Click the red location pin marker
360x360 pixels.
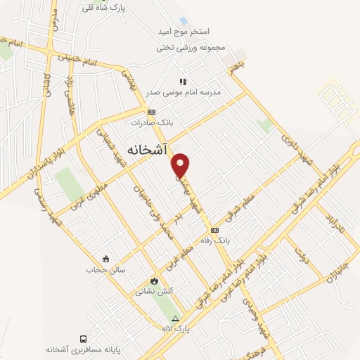(x=181, y=165)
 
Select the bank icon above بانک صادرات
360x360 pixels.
(x=151, y=112)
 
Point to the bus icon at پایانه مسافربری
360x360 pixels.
(x=84, y=338)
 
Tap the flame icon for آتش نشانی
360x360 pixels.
(x=145, y=279)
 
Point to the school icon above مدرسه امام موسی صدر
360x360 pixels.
(x=184, y=82)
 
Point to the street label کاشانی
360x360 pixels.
(x=47, y=84)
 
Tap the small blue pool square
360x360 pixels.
(x=183, y=21)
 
